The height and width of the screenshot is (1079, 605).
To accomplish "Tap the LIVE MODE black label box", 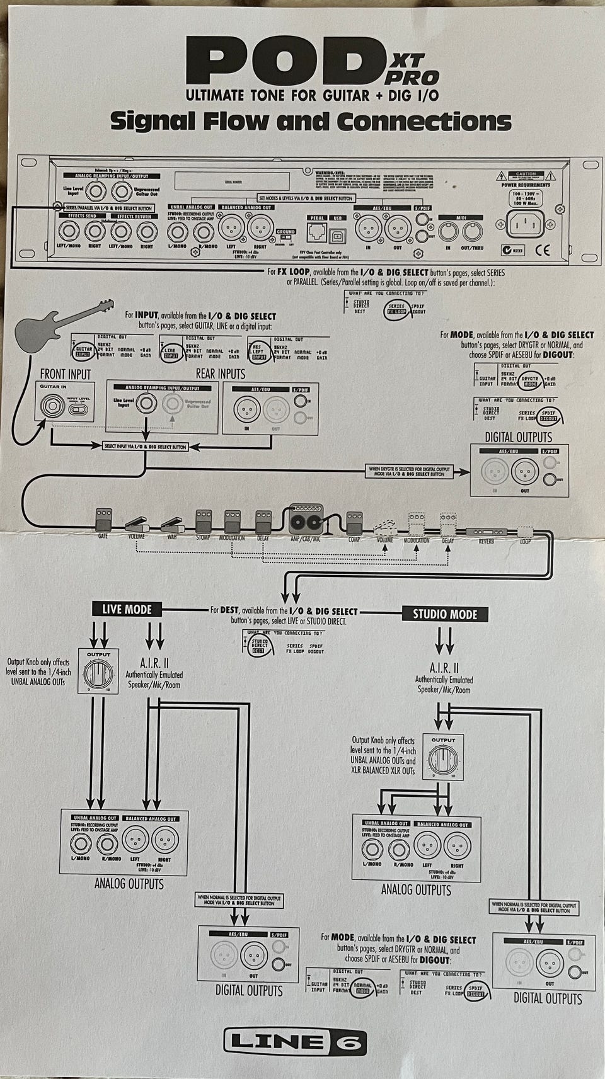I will click(127, 609).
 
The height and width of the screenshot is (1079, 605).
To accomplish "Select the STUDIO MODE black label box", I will click(445, 614).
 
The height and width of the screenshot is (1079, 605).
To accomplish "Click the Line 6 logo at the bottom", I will click(296, 1042).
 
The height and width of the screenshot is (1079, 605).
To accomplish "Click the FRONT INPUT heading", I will click(66, 374).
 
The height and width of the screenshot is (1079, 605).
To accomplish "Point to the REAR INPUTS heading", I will click(220, 374).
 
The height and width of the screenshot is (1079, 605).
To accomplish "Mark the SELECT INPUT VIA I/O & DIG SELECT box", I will click(145, 447).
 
